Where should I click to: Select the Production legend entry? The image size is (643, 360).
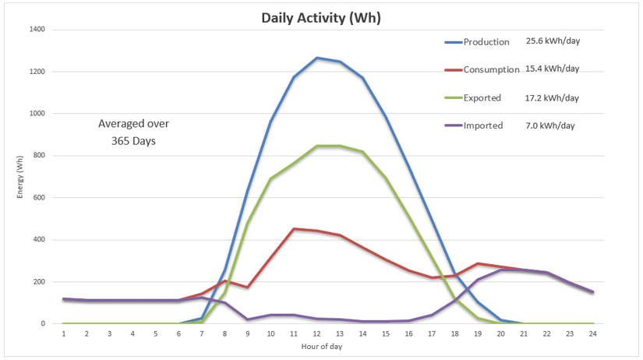tap(486, 42)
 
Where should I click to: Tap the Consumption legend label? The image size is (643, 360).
tap(491, 69)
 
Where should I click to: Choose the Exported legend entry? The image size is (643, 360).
tap(482, 98)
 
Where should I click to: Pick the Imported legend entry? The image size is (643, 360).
tap(483, 125)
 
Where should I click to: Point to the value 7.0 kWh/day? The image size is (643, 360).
tap(553, 125)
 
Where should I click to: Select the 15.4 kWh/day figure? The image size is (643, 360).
tap(553, 69)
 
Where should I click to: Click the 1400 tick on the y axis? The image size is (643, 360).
tap(37, 30)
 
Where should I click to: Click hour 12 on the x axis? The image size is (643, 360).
tap(317, 334)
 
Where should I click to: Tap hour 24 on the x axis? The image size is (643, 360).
tap(593, 334)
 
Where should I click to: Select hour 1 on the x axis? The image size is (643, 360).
tap(64, 334)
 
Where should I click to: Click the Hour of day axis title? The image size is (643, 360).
tap(322, 345)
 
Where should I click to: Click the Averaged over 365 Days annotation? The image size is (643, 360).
tap(133, 132)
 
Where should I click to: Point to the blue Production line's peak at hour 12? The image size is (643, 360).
tap(317, 58)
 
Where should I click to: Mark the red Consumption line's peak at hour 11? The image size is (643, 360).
tap(294, 229)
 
